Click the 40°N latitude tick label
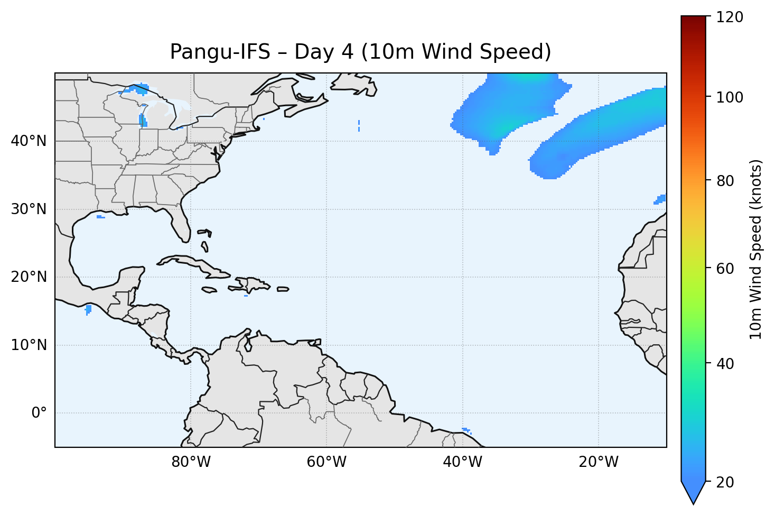click(x=29, y=141)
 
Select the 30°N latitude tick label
click(x=29, y=209)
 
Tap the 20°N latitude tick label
click(x=29, y=277)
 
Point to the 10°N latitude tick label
click(x=29, y=345)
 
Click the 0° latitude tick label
click(x=39, y=413)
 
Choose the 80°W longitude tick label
click(x=191, y=462)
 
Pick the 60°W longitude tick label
click(x=326, y=462)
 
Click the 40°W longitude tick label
click(x=462, y=462)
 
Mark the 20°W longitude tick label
click(x=598, y=462)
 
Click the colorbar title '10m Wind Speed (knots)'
click(x=756, y=250)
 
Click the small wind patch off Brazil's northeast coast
click(x=466, y=430)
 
